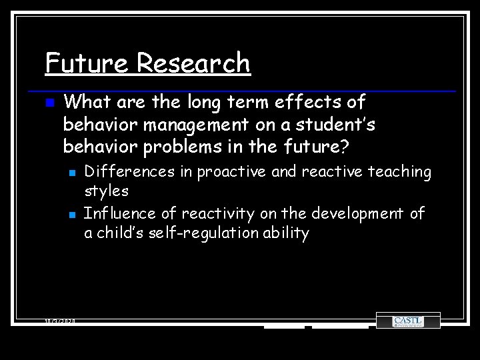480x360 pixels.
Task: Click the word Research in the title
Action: (x=194, y=63)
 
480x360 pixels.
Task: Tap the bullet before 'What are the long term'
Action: (x=49, y=103)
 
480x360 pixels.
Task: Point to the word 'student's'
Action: (x=341, y=125)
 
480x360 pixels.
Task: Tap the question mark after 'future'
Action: (x=345, y=146)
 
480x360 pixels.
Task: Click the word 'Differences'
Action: (x=129, y=172)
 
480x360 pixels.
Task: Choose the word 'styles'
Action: (x=106, y=191)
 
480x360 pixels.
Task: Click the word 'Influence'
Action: (x=117, y=213)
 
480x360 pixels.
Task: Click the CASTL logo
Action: (x=407, y=321)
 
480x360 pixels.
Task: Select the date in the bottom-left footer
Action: (x=60, y=321)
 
